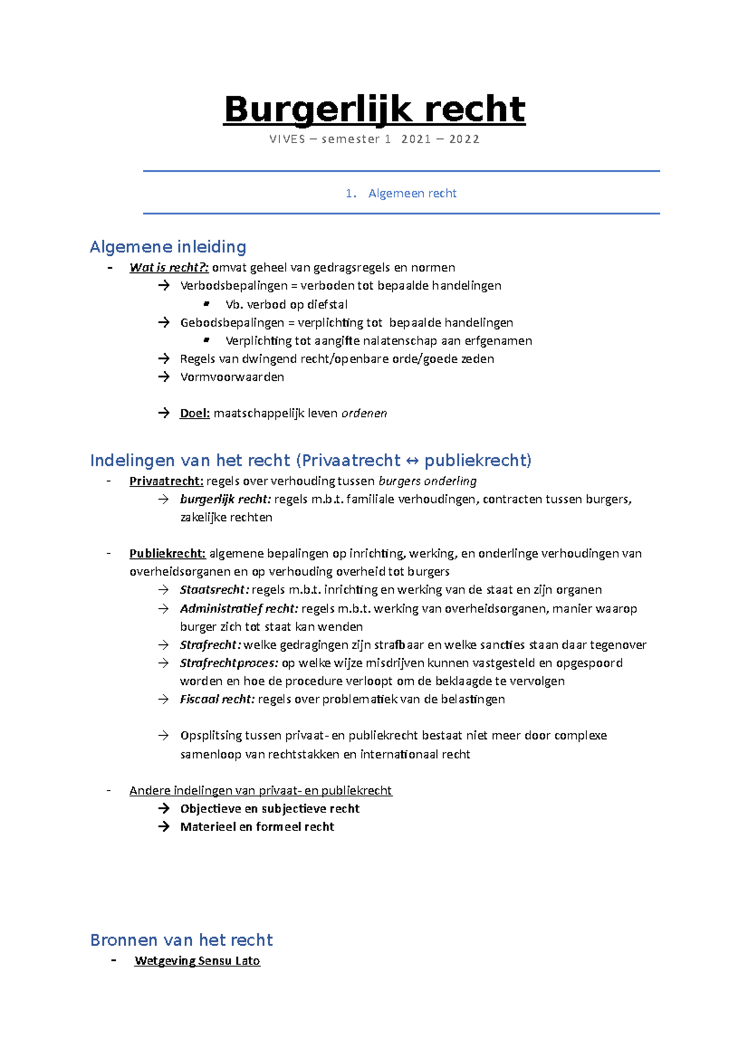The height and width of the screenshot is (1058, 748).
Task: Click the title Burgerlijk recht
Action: (374, 110)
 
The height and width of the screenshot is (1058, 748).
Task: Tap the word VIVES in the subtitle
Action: (287, 139)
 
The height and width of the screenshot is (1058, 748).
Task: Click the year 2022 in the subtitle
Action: (464, 139)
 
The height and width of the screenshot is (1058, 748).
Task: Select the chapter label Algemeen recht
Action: (412, 193)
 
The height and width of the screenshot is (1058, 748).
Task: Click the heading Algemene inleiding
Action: (168, 247)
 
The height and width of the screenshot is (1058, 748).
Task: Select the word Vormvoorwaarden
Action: (232, 377)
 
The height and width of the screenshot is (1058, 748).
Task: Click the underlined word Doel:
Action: (194, 413)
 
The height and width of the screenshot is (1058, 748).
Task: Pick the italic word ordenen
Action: (364, 413)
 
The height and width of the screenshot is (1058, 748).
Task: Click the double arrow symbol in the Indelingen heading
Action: (412, 460)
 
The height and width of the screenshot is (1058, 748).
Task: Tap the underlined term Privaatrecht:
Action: (166, 481)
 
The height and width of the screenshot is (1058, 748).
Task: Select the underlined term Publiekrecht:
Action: (167, 553)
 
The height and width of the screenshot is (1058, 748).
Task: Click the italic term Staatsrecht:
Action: (214, 589)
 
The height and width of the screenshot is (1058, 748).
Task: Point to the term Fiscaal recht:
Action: (217, 699)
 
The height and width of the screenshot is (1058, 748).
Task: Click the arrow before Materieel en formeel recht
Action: (164, 826)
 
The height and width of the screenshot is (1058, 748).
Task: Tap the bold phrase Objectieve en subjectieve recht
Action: (269, 808)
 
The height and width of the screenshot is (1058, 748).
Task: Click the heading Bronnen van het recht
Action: (181, 940)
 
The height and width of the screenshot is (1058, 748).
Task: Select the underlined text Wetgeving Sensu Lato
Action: (197, 961)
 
